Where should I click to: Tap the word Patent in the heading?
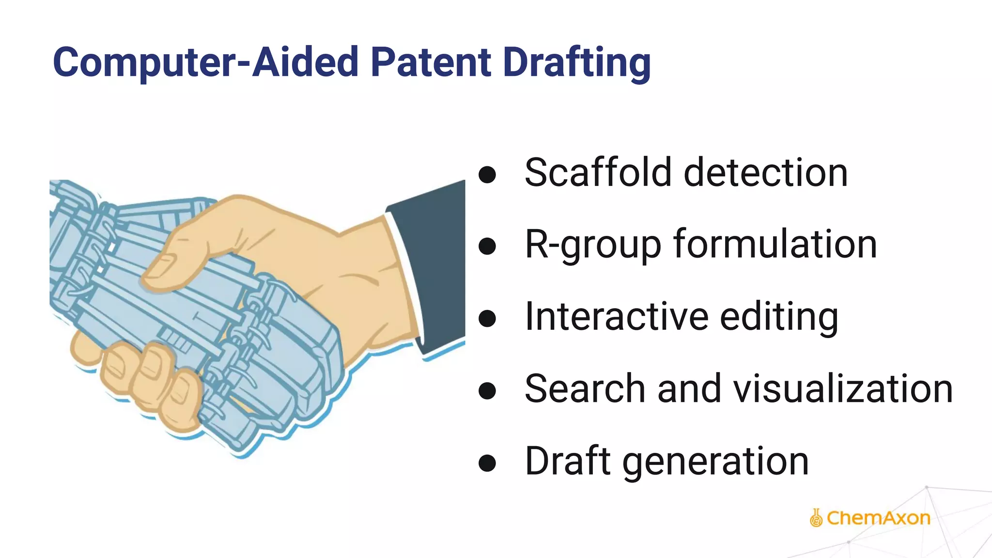431,62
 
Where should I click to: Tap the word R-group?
593,245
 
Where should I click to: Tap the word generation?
716,462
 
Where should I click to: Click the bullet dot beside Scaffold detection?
487,175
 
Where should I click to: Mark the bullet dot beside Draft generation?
487,463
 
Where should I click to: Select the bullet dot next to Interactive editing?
487,319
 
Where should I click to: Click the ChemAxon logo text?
878,518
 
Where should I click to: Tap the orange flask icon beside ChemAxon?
816,518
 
